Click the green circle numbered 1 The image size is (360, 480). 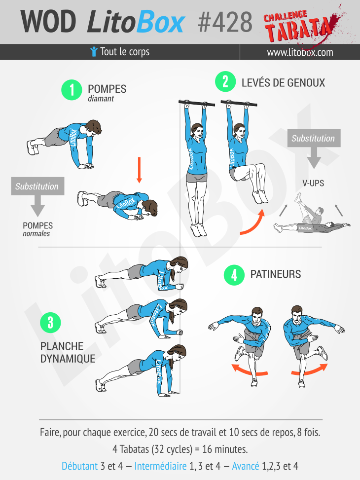click(71, 90)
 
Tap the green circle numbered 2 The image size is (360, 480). click(225, 81)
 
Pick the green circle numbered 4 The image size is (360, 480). click(234, 275)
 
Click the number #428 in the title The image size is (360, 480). click(224, 22)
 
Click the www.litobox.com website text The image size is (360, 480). click(300, 52)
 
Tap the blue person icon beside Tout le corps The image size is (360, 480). click(94, 52)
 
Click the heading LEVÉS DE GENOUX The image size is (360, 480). click(283, 82)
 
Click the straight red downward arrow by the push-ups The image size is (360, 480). click(139, 169)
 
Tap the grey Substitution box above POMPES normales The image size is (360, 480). click(36, 186)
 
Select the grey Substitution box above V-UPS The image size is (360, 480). click(313, 138)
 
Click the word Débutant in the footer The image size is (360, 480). click(79, 466)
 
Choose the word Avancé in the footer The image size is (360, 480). click(245, 466)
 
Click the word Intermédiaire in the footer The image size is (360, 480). click(160, 466)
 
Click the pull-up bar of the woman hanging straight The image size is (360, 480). click(196, 104)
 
